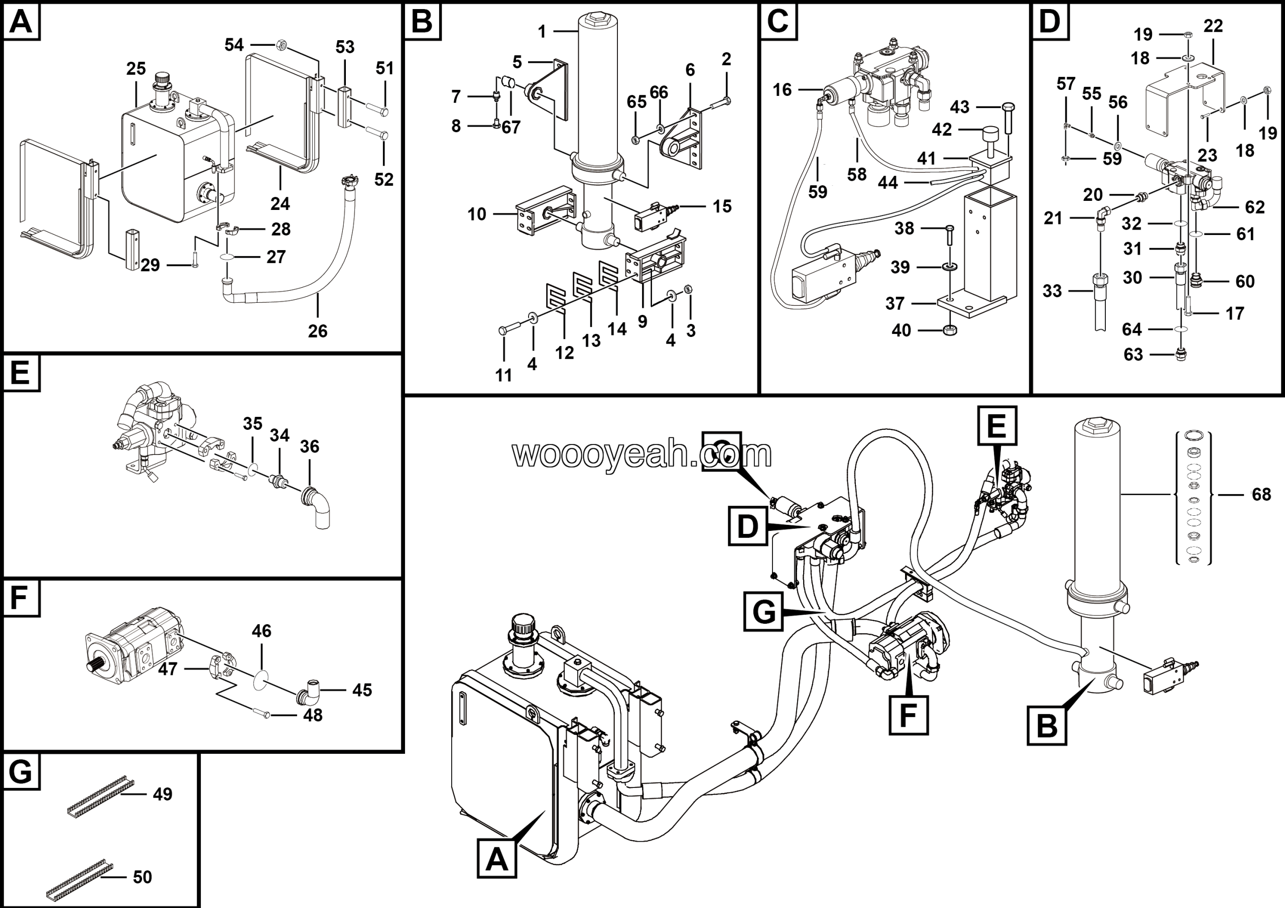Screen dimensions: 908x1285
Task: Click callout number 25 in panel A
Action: click(136, 68)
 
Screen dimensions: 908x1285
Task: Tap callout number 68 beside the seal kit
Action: click(1261, 494)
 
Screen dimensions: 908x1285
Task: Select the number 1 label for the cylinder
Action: click(541, 32)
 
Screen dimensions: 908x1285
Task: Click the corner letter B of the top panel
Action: click(422, 22)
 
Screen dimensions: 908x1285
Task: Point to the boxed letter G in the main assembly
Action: click(763, 612)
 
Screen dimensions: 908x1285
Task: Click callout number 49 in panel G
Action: click(162, 794)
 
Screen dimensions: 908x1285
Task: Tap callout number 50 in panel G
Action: click(142, 877)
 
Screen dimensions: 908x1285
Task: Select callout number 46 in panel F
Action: click(262, 631)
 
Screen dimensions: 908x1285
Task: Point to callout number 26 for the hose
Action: click(317, 331)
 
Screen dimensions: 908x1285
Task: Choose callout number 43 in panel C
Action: click(959, 107)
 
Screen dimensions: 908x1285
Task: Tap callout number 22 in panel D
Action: click(1213, 26)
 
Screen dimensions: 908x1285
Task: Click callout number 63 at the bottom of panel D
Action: click(1133, 355)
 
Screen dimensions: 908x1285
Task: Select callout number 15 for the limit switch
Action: click(722, 206)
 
